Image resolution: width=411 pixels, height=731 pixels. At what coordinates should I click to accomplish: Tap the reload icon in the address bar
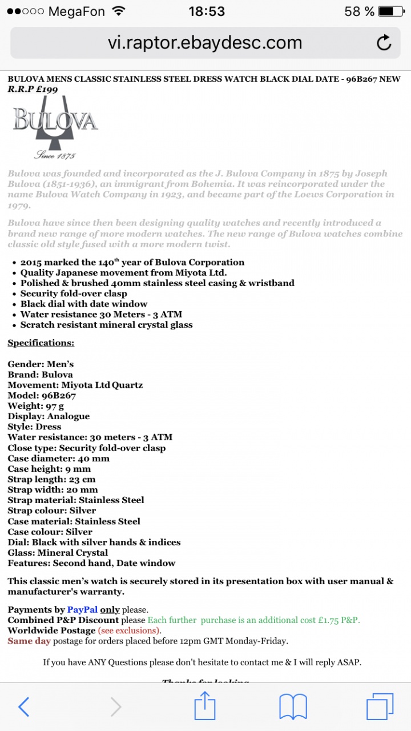(x=384, y=43)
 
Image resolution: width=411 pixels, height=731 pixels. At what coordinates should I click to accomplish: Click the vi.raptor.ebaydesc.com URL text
(x=205, y=43)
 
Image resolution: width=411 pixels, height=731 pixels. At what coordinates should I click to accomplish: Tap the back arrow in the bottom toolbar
(x=24, y=707)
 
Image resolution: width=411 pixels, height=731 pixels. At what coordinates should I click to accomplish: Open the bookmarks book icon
(x=293, y=707)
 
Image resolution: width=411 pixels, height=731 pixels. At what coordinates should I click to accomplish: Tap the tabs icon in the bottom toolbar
(x=380, y=707)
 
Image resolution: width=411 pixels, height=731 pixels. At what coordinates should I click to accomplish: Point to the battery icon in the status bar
(x=393, y=11)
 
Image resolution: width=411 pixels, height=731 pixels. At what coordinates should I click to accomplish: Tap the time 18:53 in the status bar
(x=206, y=11)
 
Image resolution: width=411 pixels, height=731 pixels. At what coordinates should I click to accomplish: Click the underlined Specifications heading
(x=41, y=343)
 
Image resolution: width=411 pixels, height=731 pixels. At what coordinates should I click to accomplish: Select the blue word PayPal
(x=82, y=610)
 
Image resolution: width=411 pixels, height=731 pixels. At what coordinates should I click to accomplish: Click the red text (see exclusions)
(x=128, y=630)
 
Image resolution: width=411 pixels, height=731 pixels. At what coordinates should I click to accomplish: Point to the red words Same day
(x=29, y=641)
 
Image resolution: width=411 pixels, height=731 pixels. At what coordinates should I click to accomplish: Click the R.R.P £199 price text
(x=33, y=89)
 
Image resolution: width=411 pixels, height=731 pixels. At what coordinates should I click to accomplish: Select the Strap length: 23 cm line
(x=51, y=479)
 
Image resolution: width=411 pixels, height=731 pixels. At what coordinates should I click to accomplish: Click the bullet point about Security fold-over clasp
(x=74, y=294)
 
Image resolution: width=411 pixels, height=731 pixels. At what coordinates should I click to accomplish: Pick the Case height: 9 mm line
(x=49, y=469)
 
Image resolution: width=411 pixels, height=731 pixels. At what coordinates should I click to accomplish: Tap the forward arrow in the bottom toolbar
(x=116, y=707)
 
